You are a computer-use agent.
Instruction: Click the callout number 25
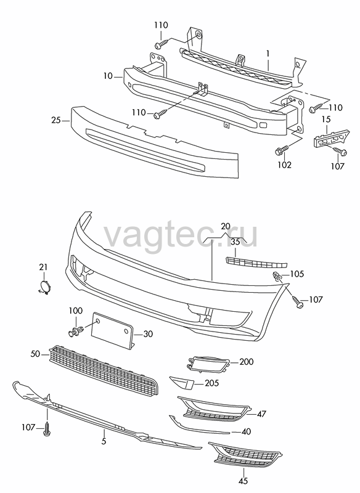point(55,120)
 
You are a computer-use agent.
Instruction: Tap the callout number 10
point(107,76)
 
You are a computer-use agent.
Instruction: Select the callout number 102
point(284,165)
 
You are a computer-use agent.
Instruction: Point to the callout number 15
point(326,119)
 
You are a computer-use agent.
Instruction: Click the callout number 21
point(43,267)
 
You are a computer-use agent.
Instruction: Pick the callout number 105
point(297,274)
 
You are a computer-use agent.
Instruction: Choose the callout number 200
point(246,362)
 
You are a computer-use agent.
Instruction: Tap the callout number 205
point(211,383)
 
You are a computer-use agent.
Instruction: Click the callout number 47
point(261,414)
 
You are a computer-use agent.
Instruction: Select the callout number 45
point(243,481)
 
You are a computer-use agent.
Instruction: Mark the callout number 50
point(35,354)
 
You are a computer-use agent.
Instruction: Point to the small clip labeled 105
point(277,275)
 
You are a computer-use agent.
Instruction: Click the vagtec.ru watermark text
point(181,236)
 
